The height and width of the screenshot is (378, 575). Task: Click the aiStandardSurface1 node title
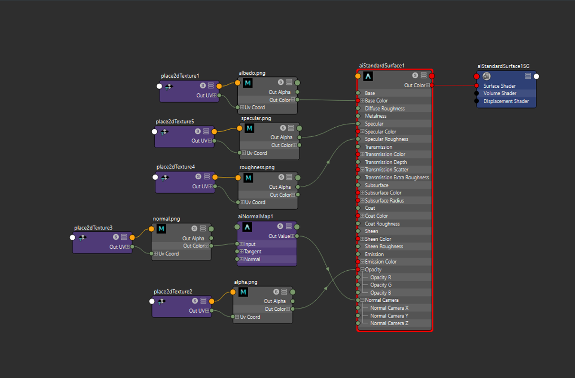[x=382, y=65]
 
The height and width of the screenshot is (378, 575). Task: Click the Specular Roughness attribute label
[x=386, y=139]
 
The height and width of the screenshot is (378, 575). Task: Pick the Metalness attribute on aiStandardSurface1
[x=375, y=116]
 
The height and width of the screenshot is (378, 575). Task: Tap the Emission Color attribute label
[x=381, y=262]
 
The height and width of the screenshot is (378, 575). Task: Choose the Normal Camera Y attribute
[x=389, y=316]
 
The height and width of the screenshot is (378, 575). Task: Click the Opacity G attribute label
[x=381, y=285]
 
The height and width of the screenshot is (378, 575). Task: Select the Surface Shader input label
[x=500, y=86]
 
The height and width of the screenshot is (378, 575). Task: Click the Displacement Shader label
[x=506, y=101]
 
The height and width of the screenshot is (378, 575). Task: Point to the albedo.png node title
[x=252, y=73]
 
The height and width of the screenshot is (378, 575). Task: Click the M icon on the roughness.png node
[x=248, y=178]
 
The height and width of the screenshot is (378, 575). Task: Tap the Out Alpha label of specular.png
[x=282, y=137]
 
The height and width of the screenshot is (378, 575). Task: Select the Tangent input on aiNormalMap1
[x=252, y=251]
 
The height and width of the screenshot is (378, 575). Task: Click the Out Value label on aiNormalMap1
[x=279, y=236]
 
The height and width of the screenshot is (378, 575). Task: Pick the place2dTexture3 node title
[x=93, y=228]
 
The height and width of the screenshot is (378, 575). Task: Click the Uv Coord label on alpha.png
[x=250, y=317]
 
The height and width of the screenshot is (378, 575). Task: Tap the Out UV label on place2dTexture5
[x=200, y=141]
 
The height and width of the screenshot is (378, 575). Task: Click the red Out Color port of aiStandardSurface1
[x=432, y=85]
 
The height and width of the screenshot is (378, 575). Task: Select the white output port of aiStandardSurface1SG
[x=536, y=76]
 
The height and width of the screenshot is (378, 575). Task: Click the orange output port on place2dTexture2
[x=212, y=301]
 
